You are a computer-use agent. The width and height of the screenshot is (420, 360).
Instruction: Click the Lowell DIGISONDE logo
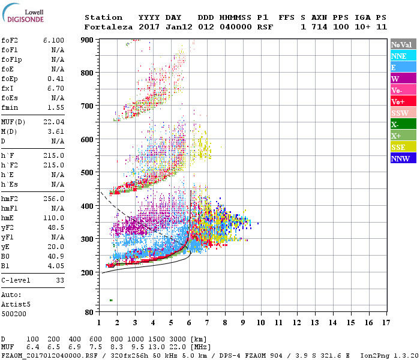pos(21,16)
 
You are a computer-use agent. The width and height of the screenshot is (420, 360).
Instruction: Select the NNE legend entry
pos(399,56)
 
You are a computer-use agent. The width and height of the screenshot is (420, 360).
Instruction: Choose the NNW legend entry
pos(400,159)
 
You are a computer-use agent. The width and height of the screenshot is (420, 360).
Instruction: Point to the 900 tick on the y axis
pos(88,40)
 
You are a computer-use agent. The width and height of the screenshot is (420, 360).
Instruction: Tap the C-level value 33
pos(59,280)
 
